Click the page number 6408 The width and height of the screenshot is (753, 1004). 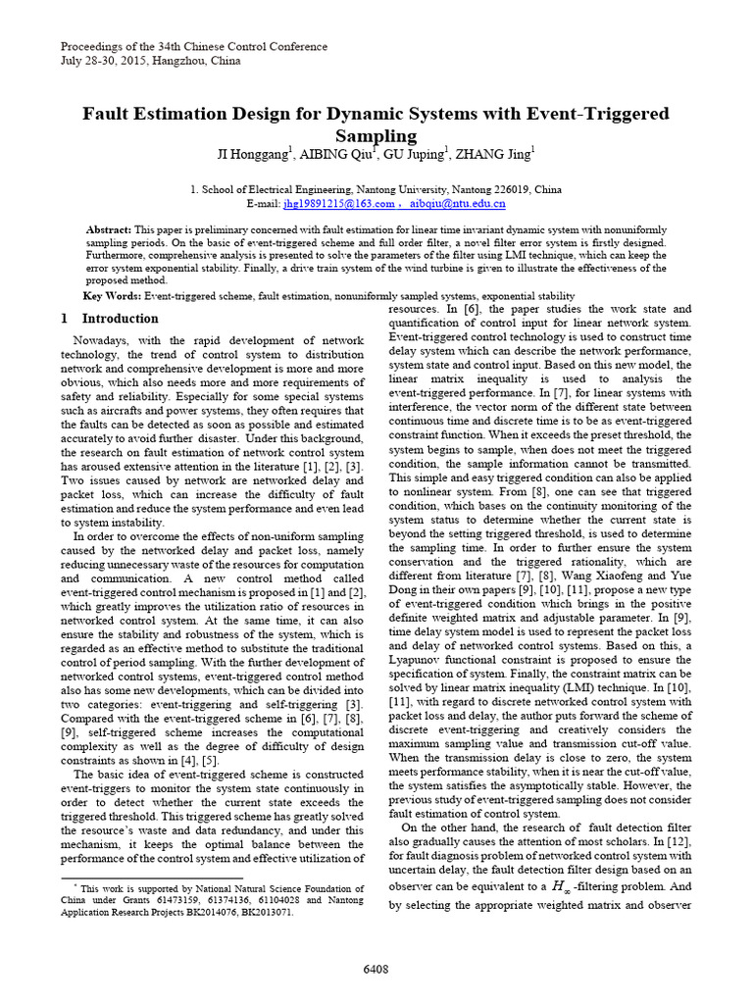point(376,969)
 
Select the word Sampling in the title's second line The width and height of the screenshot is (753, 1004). point(376,135)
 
